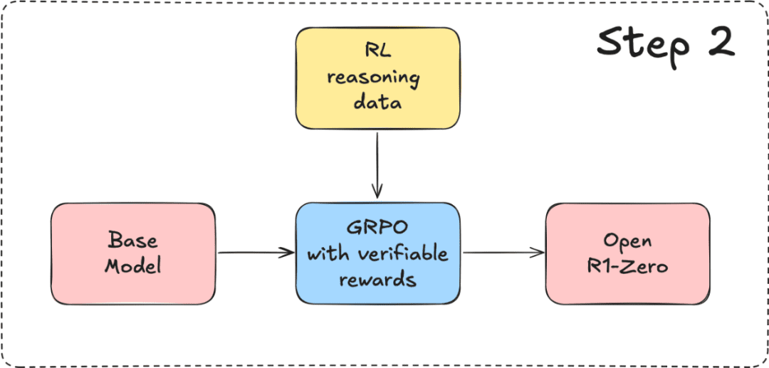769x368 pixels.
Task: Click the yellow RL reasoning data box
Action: point(377,78)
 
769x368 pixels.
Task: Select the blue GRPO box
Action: point(377,253)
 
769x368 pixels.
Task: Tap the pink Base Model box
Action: point(133,254)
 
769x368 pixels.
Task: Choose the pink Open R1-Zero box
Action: point(628,254)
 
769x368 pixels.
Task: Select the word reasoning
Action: point(377,79)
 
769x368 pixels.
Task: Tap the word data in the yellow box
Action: point(377,102)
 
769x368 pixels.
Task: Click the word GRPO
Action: point(377,230)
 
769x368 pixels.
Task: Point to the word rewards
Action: point(377,279)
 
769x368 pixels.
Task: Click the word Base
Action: point(133,241)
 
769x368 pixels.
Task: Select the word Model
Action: point(133,266)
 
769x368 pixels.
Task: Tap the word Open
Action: point(628,242)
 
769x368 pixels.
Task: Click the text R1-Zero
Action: point(628,266)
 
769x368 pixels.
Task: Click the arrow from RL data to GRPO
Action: point(377,164)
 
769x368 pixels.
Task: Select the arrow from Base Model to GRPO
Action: point(256,253)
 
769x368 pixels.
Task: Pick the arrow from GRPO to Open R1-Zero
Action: point(503,253)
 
